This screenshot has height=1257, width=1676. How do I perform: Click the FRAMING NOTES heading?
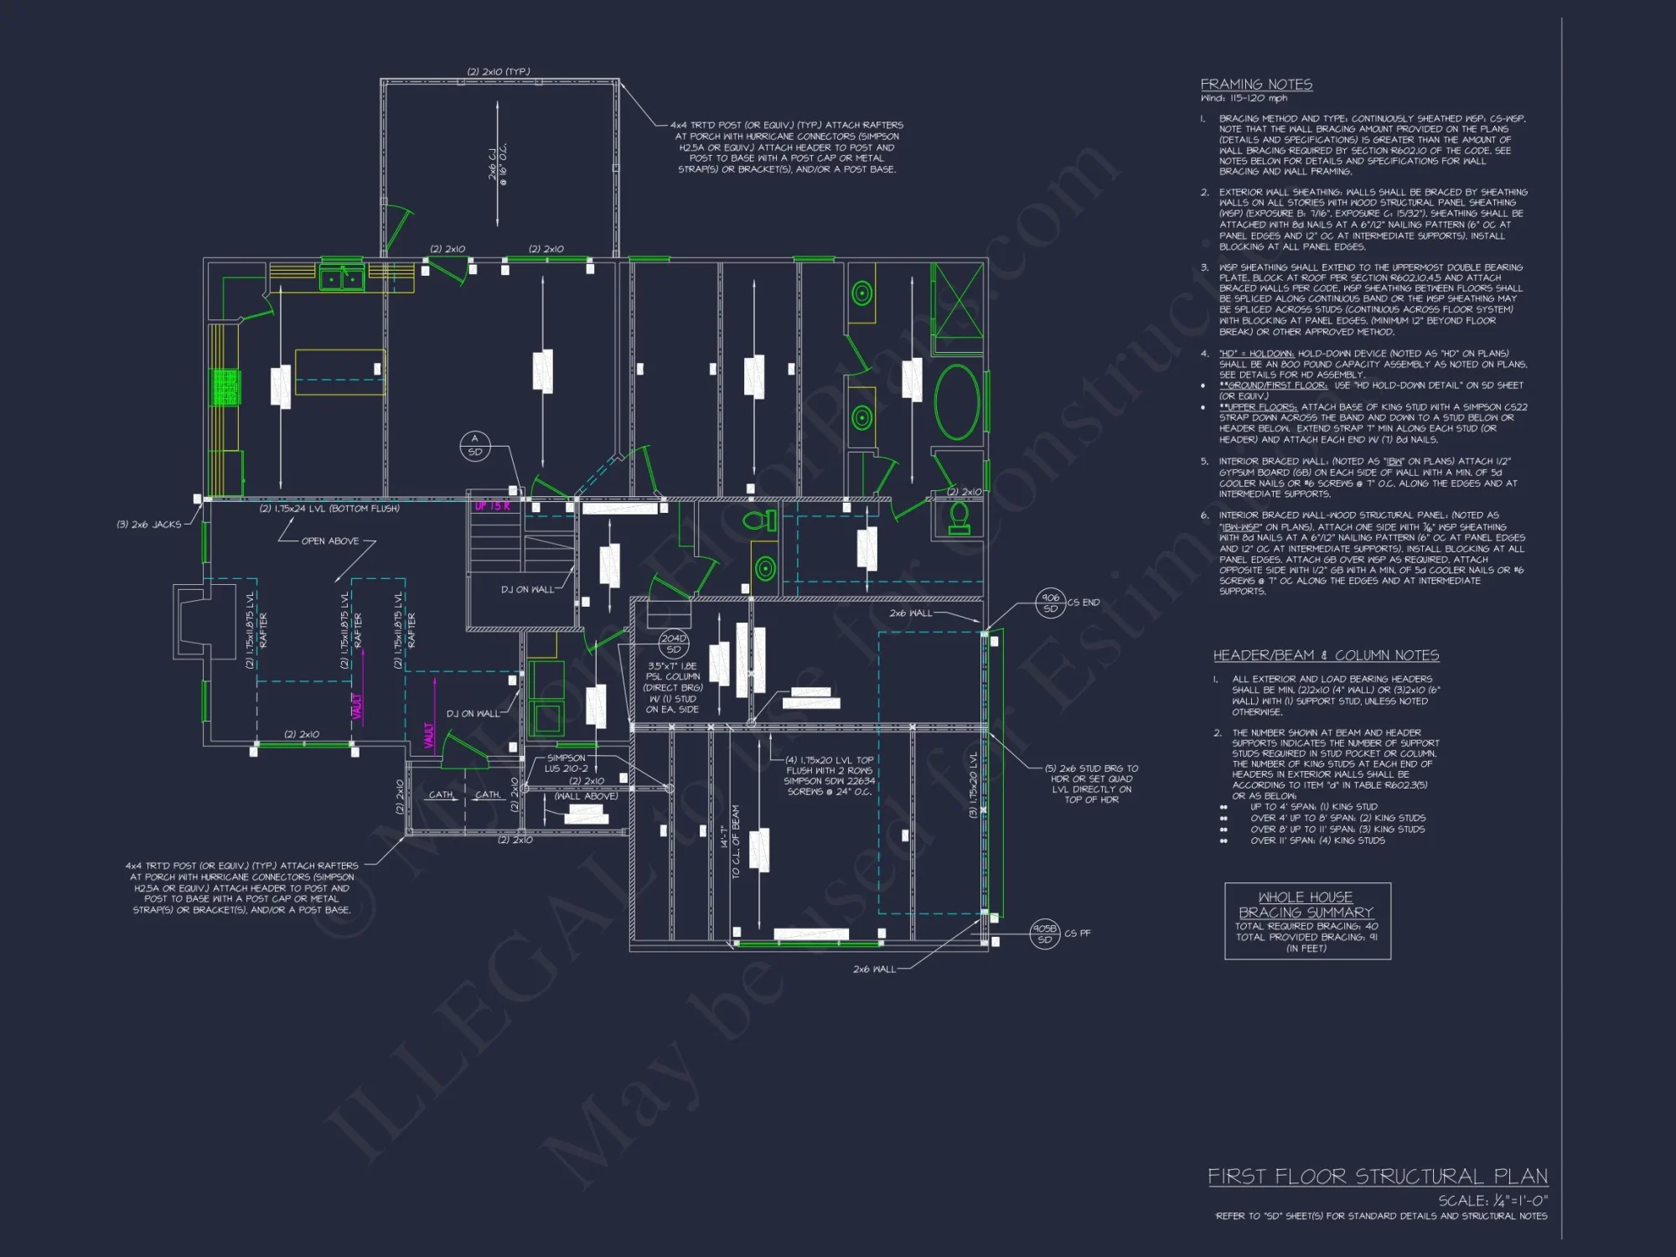(x=1256, y=85)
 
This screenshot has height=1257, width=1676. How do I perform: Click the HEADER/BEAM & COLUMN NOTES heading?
(x=1326, y=655)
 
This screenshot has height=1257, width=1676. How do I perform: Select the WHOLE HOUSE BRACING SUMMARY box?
(x=1307, y=920)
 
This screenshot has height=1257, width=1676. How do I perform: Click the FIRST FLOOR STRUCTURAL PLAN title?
(x=1377, y=1177)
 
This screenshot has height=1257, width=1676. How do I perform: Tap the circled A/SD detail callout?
(x=475, y=445)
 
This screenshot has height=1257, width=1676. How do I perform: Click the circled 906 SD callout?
(x=1050, y=603)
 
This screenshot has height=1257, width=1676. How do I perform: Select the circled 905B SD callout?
(x=1044, y=934)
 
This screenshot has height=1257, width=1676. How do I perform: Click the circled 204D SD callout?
(x=674, y=644)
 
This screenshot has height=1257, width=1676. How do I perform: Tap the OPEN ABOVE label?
(x=330, y=541)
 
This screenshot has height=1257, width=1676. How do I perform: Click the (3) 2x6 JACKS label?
(x=149, y=525)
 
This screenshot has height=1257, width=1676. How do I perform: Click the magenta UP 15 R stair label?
(x=493, y=506)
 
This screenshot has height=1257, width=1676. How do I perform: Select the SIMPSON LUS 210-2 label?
(x=566, y=763)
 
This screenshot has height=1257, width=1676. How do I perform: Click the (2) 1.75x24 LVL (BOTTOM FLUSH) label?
(x=329, y=509)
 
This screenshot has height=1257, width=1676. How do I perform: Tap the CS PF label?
(x=1078, y=934)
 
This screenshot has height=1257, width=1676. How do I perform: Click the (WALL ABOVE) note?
(x=586, y=796)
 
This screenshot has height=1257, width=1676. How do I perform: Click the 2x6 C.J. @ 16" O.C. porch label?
(x=497, y=163)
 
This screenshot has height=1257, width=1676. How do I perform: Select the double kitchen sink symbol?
(x=342, y=277)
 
